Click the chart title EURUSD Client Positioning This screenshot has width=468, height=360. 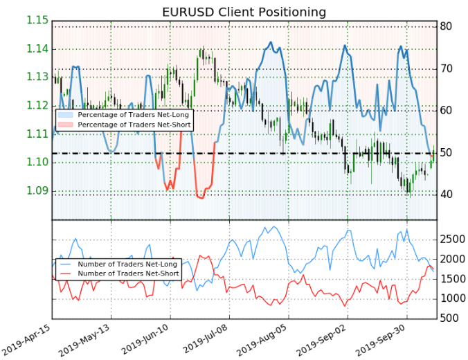pos(234,12)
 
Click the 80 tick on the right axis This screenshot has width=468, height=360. pos(446,26)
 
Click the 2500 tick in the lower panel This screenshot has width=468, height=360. pos(451,239)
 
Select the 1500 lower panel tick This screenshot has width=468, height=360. pos(451,279)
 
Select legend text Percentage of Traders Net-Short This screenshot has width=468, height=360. pos(134,124)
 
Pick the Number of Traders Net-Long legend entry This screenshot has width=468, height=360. pos(129,264)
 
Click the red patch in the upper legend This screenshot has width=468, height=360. pos(66,124)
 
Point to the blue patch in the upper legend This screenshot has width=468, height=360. pos(66,114)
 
